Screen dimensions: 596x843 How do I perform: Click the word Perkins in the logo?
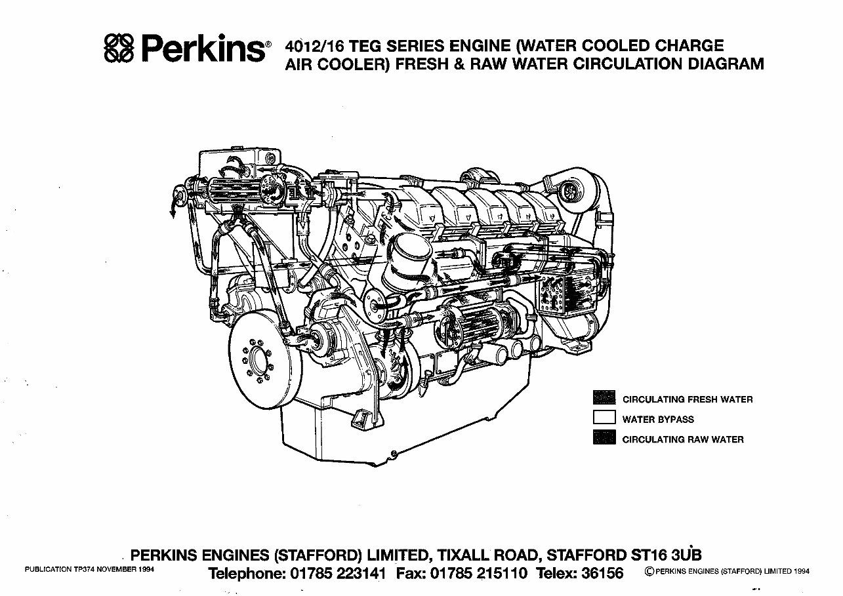(x=201, y=49)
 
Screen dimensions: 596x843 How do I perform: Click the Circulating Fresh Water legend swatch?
(x=604, y=398)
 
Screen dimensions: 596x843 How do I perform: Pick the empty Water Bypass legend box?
(x=604, y=418)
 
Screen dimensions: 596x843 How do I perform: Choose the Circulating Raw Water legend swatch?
(x=604, y=438)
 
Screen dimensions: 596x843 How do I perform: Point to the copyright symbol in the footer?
(x=649, y=572)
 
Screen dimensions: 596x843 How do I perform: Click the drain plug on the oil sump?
(x=392, y=454)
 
